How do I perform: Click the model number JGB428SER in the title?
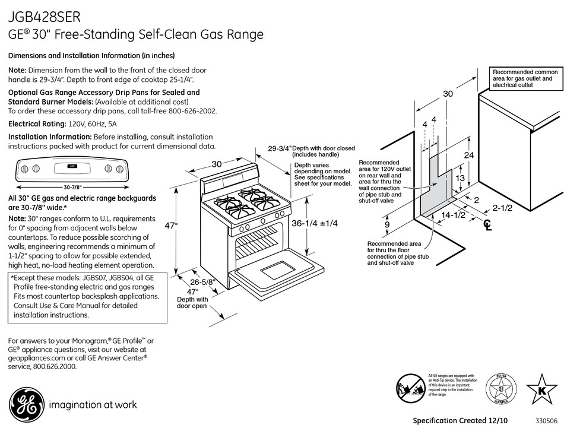click(45, 15)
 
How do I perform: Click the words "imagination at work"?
click(92, 405)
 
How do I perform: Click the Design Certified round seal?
click(500, 390)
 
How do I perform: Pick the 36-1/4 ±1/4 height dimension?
click(314, 223)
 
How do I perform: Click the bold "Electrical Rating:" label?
click(37, 124)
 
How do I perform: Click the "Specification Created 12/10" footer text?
click(460, 420)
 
